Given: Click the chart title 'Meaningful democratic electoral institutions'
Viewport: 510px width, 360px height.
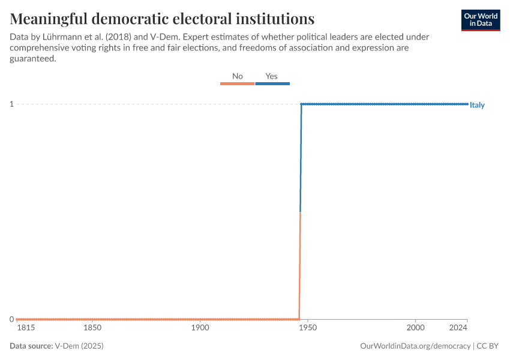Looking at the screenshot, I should (x=162, y=17).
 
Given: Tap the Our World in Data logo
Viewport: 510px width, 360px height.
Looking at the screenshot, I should (x=481, y=20).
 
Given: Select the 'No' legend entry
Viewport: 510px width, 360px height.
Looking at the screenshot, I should (x=238, y=76).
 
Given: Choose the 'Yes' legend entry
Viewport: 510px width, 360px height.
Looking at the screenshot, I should (x=272, y=76).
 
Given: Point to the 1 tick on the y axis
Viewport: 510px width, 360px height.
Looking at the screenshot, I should (x=11, y=104).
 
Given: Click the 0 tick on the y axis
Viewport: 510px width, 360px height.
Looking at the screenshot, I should (x=11, y=319).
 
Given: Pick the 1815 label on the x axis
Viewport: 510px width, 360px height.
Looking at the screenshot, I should (x=26, y=328).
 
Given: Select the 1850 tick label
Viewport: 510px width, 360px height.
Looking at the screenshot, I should (x=92, y=328).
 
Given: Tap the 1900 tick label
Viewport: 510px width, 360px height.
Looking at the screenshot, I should (x=200, y=328).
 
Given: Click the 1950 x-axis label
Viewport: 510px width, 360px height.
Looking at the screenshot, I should (x=308, y=328).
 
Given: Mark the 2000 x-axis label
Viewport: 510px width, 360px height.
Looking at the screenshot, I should (x=415, y=328).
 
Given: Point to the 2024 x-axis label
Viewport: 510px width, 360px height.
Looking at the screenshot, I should (x=458, y=328).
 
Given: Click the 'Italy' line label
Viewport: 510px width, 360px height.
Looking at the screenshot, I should (x=477, y=105).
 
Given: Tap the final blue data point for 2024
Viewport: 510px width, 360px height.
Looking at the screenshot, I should (x=467, y=104).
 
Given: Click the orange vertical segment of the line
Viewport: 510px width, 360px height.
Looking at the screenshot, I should (x=300, y=264).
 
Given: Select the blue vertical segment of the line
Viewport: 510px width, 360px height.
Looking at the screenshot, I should (x=301, y=156).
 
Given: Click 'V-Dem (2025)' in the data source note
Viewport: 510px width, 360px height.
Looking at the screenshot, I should (x=74, y=346).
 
